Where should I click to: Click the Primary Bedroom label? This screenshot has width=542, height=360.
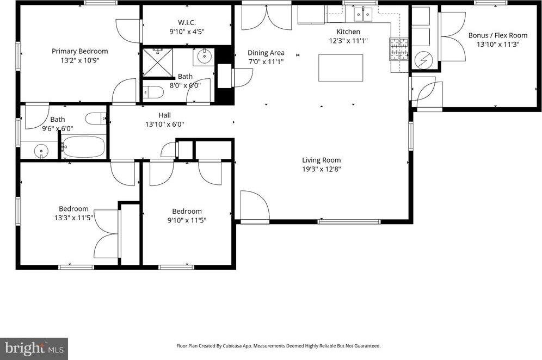79,51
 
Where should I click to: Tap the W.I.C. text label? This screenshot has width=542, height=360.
187,22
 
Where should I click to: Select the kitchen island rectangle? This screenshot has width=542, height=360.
341,67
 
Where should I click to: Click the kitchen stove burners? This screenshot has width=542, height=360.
399,49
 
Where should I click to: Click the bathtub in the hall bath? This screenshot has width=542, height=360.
83,147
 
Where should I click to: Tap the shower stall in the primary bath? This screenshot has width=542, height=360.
158,61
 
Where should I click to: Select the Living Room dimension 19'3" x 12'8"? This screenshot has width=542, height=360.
322,169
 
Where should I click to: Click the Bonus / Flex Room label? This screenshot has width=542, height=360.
498,35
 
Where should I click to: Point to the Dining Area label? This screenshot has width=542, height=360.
266,53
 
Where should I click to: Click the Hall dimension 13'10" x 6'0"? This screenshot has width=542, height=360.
164,124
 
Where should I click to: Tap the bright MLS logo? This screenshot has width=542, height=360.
34,348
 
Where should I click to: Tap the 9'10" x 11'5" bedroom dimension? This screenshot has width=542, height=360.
187,220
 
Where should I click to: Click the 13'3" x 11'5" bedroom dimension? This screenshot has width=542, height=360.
73,218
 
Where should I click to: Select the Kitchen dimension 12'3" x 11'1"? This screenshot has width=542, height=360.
348,41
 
